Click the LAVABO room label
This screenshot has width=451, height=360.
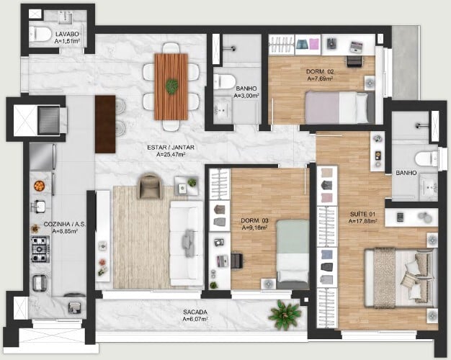click(x=67, y=35)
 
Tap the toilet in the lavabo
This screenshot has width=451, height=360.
click(x=40, y=34)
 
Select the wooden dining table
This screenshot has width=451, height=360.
click(x=171, y=86)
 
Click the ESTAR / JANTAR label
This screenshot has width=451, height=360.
click(x=171, y=148)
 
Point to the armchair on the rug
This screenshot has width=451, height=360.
click(x=149, y=186)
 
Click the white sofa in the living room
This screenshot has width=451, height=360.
click(x=186, y=243)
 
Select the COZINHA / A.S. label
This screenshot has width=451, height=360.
click(x=65, y=224)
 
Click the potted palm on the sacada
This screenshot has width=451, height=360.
click(x=284, y=315)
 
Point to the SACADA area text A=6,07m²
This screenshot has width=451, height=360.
click(x=195, y=319)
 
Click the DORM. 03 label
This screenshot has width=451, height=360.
click(x=254, y=220)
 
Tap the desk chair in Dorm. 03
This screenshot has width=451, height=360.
click(x=237, y=261)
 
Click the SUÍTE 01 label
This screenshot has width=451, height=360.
click(x=362, y=215)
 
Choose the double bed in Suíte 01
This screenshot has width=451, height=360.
click(x=401, y=278)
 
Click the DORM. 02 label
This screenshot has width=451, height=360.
click(x=320, y=71)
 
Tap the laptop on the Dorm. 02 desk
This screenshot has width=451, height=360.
click(x=357, y=46)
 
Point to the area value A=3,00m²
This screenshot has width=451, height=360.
click(x=246, y=96)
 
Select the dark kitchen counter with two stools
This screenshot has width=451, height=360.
click(x=105, y=125)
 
